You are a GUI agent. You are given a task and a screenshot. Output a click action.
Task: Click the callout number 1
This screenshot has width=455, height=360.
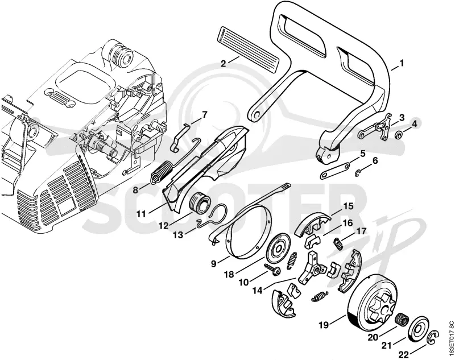click(402, 63)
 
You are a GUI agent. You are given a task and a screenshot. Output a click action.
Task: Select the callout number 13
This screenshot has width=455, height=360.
click(179, 234)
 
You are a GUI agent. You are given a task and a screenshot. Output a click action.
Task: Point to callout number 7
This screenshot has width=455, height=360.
click(204, 114)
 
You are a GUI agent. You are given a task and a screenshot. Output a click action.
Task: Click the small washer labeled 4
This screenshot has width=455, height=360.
click(399, 135)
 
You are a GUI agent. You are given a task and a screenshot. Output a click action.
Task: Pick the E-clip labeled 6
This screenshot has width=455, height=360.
click(358, 173)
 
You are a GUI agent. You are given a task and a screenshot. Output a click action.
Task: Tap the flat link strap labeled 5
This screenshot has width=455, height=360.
click(334, 171)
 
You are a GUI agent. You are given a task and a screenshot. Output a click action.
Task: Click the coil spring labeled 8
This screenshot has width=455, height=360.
click(161, 172)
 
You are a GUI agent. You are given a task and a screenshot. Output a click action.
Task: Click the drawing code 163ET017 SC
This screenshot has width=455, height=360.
click(450, 337)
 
